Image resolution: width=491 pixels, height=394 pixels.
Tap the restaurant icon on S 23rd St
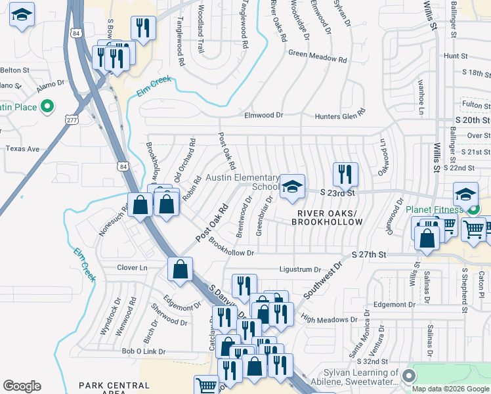click(345, 174)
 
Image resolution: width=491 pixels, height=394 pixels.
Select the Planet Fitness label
click(433, 209)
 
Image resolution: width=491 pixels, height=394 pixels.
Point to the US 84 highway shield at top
click(77, 33)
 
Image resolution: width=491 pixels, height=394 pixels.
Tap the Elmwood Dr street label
click(263, 115)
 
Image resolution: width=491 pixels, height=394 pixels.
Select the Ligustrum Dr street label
click(299, 269)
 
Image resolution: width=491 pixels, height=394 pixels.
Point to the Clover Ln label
click(132, 268)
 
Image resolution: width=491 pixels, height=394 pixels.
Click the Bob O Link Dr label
click(143, 351)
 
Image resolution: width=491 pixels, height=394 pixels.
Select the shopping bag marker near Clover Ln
click(180, 269)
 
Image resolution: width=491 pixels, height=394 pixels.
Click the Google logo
click(22, 386)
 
